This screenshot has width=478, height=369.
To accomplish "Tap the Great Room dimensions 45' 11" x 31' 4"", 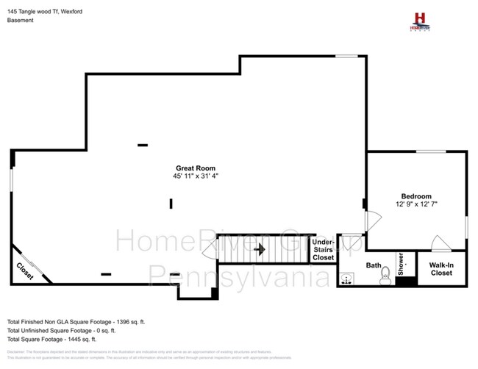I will click(196, 176).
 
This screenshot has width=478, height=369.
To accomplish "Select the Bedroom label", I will click(416, 196).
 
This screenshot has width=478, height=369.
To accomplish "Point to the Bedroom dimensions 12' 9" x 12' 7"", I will click(416, 204).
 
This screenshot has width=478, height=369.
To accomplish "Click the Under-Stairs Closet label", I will click(324, 250).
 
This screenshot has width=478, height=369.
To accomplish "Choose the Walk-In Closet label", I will click(441, 269).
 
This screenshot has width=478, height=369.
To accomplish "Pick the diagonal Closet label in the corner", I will click(25, 271).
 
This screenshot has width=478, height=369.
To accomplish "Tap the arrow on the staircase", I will click(259, 250).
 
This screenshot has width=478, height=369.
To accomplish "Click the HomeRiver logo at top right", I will click(420, 20).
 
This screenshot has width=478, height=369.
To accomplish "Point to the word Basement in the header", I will click(20, 21).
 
